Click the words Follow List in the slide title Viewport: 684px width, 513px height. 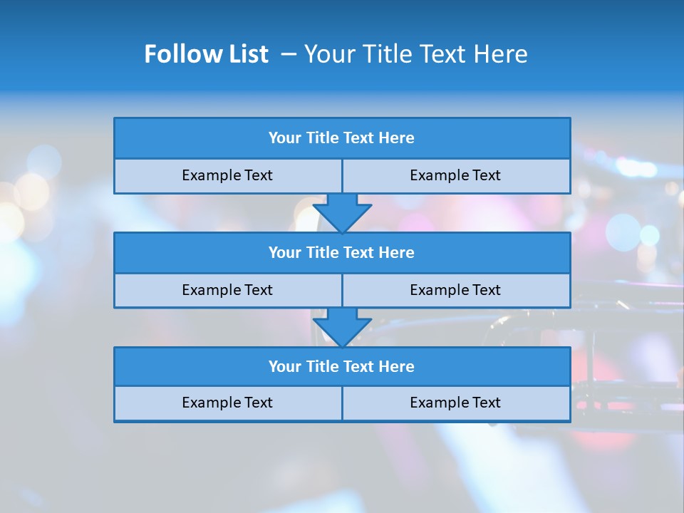coord(206,54)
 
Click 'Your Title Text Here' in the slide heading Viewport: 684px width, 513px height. coord(415,54)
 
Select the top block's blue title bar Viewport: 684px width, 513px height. coord(342,138)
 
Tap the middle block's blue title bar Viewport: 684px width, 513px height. coord(342,253)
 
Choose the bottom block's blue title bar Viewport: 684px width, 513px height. coord(342,367)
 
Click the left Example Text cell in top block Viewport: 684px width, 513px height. coord(228,176)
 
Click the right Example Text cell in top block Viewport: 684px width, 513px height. coord(456,176)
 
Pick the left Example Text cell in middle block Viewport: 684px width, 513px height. coord(228,291)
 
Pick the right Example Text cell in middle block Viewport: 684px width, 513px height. coord(456,291)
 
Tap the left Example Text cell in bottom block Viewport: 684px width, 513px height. coord(228,403)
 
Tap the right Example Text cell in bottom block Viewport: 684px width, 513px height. coord(456,403)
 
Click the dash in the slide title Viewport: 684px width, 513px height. coord(289,54)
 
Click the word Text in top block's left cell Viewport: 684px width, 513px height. coord(258,176)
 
